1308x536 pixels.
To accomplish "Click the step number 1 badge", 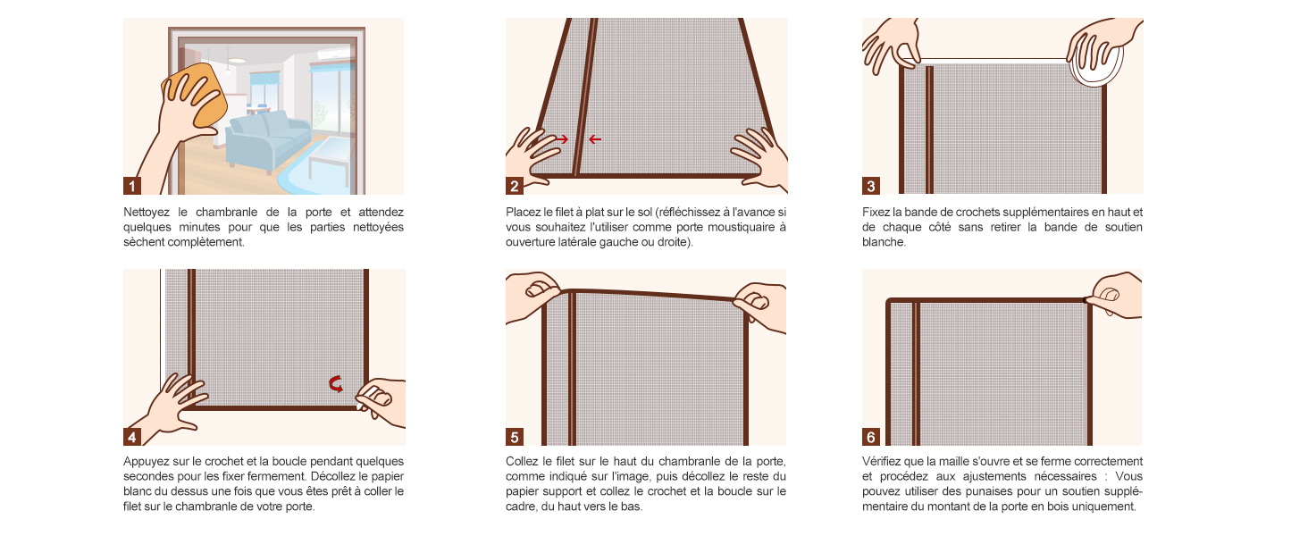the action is click(132, 186).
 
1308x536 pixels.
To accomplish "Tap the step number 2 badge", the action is click(515, 186).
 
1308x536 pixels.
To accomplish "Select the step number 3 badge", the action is click(870, 186).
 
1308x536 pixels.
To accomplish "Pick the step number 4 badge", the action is click(132, 437).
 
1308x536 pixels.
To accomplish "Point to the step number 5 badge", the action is click(515, 437).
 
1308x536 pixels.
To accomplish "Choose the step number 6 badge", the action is click(870, 437).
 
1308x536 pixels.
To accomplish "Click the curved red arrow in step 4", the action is click(336, 383).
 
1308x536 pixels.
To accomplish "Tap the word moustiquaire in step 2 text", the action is click(736, 227).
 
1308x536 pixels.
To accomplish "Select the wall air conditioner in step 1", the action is click(333, 54).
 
